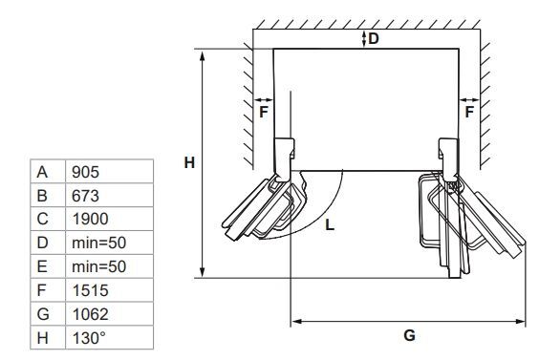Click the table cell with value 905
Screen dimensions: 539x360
(109, 172)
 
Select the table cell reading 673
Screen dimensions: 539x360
(109, 195)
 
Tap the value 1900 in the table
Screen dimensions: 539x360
(109, 219)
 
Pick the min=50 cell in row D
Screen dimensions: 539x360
(109, 243)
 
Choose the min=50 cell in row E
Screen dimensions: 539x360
(109, 266)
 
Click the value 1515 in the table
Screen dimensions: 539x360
(109, 290)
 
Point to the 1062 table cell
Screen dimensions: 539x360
(109, 314)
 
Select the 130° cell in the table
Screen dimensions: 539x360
(109, 338)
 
